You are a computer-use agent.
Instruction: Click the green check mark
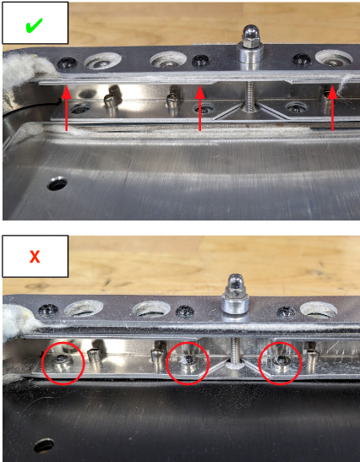[x=33, y=25]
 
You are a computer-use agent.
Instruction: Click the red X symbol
[x=34, y=257]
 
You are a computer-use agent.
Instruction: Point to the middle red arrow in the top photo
[x=199, y=110]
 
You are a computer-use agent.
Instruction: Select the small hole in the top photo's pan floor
[x=57, y=181]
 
